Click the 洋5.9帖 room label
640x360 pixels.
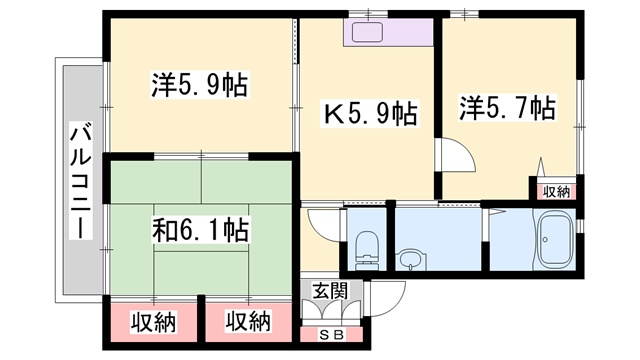200,85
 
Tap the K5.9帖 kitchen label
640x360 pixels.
371,114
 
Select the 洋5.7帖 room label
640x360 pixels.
508,108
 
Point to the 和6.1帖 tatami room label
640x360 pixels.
200,230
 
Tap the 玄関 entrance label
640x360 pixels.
330,291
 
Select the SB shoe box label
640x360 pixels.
332,335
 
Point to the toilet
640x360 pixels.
366,250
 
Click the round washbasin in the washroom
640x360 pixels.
411,260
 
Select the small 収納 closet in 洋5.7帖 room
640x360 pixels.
557,191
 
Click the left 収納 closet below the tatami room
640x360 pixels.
153,322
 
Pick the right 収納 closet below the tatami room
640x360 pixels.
248,322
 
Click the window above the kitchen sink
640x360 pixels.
368,14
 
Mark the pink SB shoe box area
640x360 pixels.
332,334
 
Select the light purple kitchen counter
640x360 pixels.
388,32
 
